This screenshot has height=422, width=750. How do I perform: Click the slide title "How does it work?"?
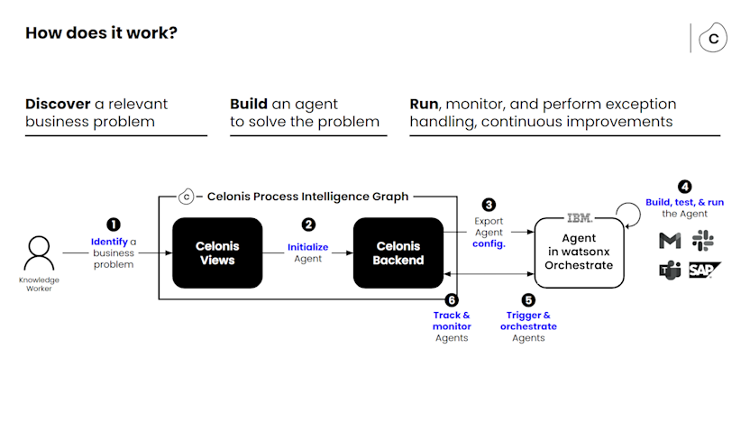pyautogui.click(x=101, y=33)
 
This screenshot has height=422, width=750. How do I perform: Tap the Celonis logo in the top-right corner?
pyautogui.click(x=714, y=39)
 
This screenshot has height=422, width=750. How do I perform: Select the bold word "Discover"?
pyautogui.click(x=58, y=104)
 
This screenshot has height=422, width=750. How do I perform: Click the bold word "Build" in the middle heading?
pyautogui.click(x=249, y=104)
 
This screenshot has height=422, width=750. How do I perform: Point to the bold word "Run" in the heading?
pyautogui.click(x=424, y=104)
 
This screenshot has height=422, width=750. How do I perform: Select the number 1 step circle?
pyautogui.click(x=114, y=225)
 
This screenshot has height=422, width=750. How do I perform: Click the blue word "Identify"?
pyautogui.click(x=108, y=242)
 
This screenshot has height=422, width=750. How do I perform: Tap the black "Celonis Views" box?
pyautogui.click(x=216, y=253)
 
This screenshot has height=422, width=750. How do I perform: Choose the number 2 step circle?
pyautogui.click(x=308, y=225)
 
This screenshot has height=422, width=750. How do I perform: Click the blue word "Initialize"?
pyautogui.click(x=307, y=246)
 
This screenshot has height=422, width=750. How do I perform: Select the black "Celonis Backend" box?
pyautogui.click(x=398, y=253)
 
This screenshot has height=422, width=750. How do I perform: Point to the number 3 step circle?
pyautogui.click(x=489, y=205)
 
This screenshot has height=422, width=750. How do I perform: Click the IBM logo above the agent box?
pyautogui.click(x=579, y=217)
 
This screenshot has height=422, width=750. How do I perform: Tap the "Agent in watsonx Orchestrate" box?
pyautogui.click(x=579, y=253)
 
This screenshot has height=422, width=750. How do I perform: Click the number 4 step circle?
pyautogui.click(x=685, y=187)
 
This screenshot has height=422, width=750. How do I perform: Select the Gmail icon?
pyautogui.click(x=670, y=240)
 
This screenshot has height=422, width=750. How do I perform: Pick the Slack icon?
pyautogui.click(x=702, y=240)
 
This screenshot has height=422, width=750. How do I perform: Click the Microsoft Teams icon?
pyautogui.click(x=670, y=271)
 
